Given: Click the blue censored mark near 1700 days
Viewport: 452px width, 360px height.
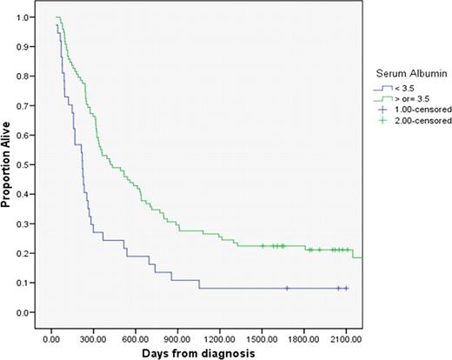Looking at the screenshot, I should click(287, 288).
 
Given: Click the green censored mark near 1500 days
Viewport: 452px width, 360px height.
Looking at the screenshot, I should click(263, 246).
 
